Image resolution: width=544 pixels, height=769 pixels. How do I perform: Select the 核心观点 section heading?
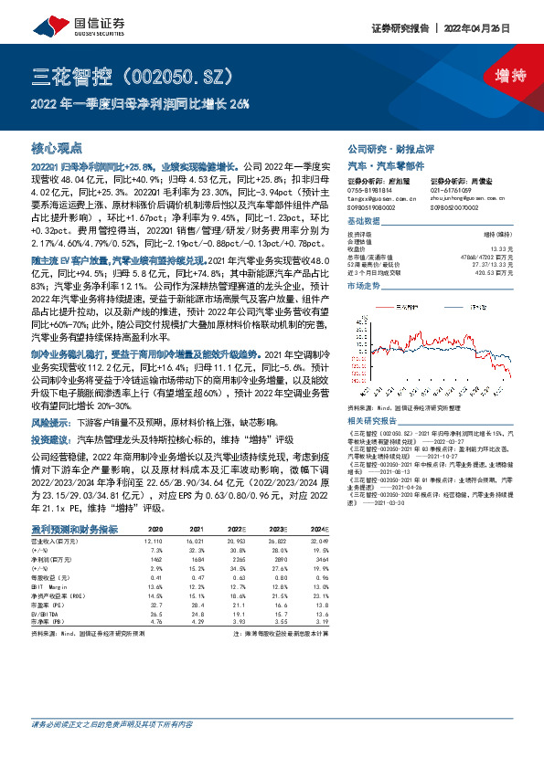[x=57, y=147]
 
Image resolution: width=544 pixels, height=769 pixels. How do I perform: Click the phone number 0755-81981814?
[x=370, y=190]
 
